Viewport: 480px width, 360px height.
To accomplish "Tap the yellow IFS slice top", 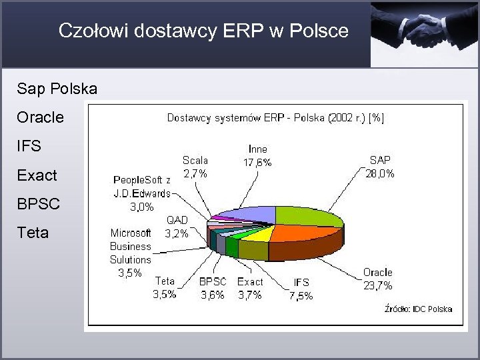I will tap(260, 233).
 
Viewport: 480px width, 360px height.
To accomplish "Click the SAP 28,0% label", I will tap(379, 167).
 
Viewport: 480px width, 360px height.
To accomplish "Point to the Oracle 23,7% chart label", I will tap(378, 279).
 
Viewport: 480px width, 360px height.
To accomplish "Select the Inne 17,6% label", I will tap(257, 155).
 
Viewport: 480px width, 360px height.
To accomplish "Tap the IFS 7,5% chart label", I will tap(301, 289).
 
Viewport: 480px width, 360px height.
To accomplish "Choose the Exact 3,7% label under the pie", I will tap(250, 288).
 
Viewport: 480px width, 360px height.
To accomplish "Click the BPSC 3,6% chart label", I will tap(213, 288).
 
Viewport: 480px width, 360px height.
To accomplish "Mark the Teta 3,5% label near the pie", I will tap(165, 287).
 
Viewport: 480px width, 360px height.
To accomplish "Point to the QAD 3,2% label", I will tap(177, 227).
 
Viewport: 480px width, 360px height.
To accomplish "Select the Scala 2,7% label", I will tap(195, 167).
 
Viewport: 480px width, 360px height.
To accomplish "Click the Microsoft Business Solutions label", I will tap(130, 253).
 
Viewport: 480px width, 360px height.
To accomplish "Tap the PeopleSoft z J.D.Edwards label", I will tap(142, 193).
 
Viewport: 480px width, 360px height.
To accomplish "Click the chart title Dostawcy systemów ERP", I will tap(275, 118).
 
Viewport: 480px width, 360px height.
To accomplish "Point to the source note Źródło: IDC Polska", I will tap(418, 309).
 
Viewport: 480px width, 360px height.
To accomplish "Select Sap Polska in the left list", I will tap(58, 89).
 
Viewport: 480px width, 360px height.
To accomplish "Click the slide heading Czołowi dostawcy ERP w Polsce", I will tap(203, 31).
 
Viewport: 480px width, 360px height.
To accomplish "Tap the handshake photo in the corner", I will tap(425, 33).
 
